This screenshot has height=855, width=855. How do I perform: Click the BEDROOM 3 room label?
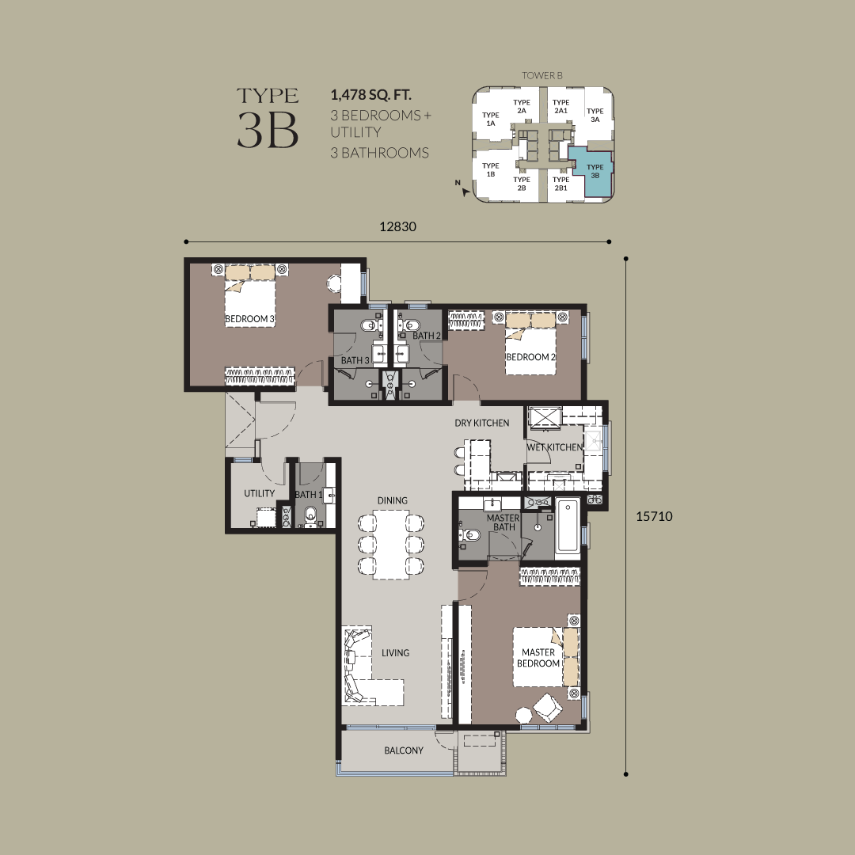click(249, 318)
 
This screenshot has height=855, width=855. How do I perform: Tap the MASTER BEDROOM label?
click(538, 658)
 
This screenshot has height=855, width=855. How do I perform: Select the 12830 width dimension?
click(397, 227)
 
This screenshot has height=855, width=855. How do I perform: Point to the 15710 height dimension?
click(654, 516)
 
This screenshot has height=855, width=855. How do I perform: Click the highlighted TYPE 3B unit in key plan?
click(595, 171)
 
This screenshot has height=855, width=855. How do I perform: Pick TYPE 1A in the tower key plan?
click(490, 119)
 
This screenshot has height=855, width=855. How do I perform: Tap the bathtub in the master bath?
click(568, 527)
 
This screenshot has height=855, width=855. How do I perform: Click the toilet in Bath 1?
click(310, 515)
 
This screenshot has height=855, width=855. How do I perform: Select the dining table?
click(391, 545)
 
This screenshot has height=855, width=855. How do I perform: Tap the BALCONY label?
click(404, 750)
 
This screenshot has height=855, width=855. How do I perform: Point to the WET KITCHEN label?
click(554, 447)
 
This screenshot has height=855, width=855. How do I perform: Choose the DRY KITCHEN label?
click(482, 423)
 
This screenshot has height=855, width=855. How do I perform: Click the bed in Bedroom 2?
click(530, 343)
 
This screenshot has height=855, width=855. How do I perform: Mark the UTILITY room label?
click(259, 493)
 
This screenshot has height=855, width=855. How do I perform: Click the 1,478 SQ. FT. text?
click(370, 95)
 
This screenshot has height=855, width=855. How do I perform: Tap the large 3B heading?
click(268, 131)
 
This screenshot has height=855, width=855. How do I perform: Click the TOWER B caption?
click(542, 76)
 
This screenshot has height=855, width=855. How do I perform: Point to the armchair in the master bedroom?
click(548, 707)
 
